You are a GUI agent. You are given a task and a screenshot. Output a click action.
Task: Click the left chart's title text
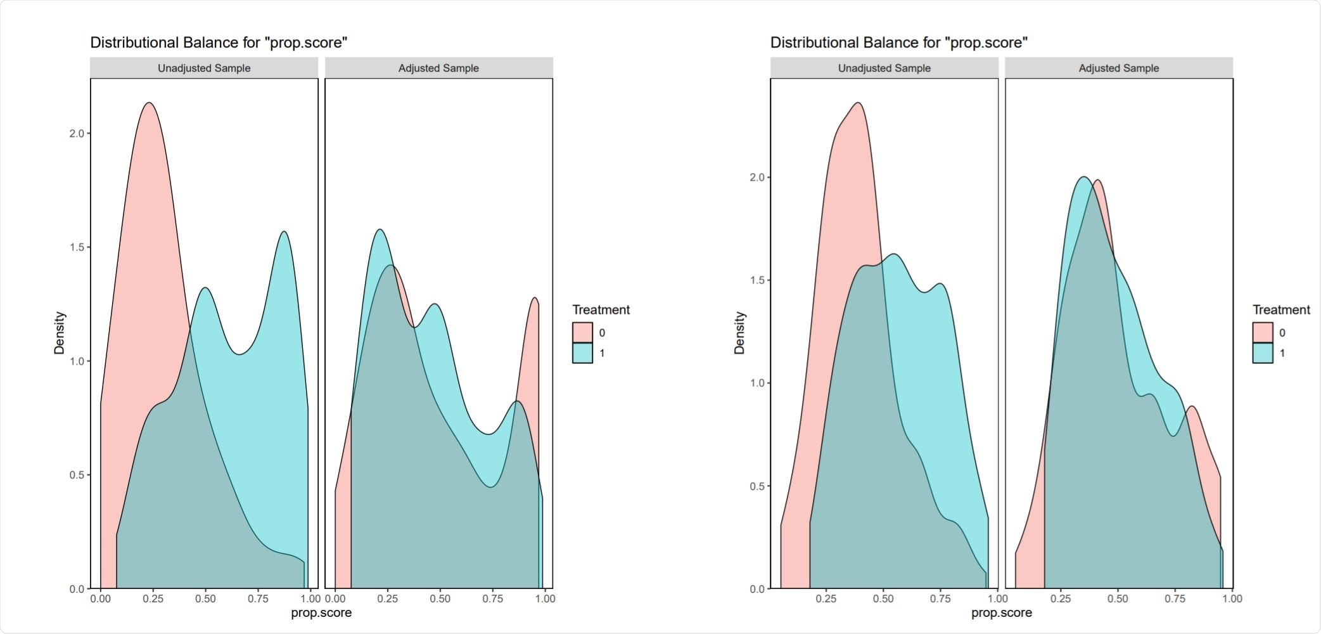pyautogui.click(x=219, y=42)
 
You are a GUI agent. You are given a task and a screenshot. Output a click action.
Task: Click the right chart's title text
pyautogui.click(x=898, y=42)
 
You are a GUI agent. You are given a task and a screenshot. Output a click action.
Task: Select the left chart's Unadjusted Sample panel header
pyautogui.click(x=204, y=68)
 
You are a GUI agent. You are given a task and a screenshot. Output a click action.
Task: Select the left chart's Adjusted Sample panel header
pyautogui.click(x=438, y=68)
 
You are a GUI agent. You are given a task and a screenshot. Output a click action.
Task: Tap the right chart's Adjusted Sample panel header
pyautogui.click(x=1118, y=68)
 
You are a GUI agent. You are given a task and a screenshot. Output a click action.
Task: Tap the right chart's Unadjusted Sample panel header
pyautogui.click(x=884, y=68)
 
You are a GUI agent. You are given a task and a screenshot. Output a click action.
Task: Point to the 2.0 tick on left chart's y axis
pyautogui.click(x=77, y=133)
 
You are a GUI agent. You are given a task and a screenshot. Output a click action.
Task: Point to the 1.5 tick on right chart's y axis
pyautogui.click(x=758, y=280)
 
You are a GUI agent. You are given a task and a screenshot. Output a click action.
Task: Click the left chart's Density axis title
pyautogui.click(x=60, y=333)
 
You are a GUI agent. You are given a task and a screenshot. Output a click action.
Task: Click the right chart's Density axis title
pyautogui.click(x=739, y=333)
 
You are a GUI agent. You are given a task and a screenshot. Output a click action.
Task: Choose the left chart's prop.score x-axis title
pyautogui.click(x=321, y=613)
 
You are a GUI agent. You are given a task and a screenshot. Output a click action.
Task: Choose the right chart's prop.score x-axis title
pyautogui.click(x=1001, y=613)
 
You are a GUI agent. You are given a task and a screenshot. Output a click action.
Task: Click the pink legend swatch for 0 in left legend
pyautogui.click(x=582, y=332)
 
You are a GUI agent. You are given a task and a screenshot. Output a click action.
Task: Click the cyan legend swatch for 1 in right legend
pyautogui.click(x=1262, y=353)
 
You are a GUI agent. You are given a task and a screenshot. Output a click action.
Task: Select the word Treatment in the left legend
pyautogui.click(x=601, y=310)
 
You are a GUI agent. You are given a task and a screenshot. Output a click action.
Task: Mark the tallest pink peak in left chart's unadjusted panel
pyautogui.click(x=149, y=103)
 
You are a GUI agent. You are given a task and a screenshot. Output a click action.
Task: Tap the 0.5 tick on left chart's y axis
pyautogui.click(x=77, y=475)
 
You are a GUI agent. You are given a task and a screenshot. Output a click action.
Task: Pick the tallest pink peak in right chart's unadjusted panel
pyautogui.click(x=858, y=103)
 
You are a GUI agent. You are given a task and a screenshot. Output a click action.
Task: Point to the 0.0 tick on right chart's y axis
pyautogui.click(x=758, y=589)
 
